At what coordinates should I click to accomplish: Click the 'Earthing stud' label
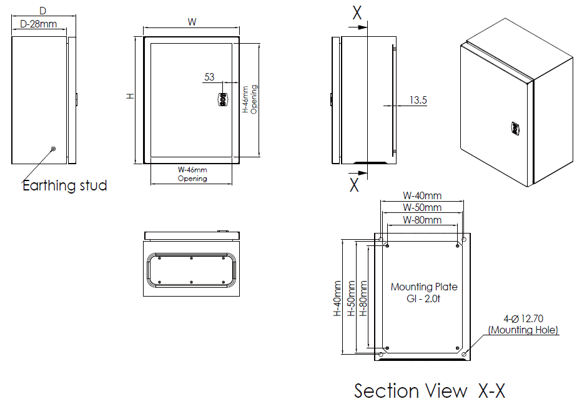pos(65,185)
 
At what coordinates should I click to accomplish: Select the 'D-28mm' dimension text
pos(39,24)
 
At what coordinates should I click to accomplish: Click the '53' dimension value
pos(209,77)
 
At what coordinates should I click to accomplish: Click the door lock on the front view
pos(223,99)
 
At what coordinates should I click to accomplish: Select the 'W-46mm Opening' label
pos(192,174)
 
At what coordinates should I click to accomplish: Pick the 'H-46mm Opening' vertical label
pos(249,99)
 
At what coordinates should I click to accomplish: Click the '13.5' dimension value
pos(418,99)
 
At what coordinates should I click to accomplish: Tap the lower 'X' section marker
pos(354,184)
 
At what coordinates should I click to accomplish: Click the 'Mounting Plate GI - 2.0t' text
pos(424,292)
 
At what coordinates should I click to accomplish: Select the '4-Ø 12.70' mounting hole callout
pos(523,324)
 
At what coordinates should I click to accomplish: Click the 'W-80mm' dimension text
pos(422,220)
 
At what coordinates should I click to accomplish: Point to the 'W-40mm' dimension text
pos(422,195)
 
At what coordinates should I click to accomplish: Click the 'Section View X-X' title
pos(429,391)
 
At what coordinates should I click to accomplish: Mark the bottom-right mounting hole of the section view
pos(464,354)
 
